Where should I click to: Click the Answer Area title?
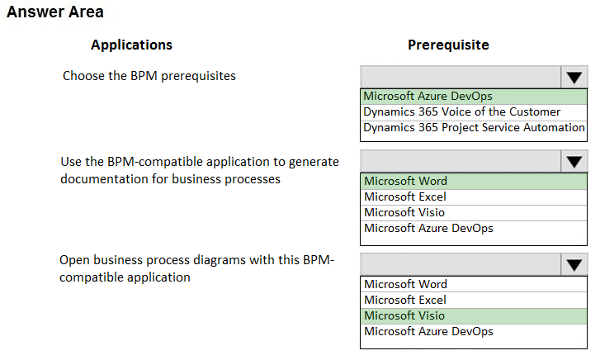point(55,12)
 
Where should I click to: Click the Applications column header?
point(131,45)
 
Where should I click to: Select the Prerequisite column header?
point(448,45)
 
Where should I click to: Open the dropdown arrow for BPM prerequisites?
point(574,78)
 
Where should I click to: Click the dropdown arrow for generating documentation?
point(574,162)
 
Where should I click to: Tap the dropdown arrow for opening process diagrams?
point(574,265)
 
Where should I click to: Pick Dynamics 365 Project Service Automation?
point(474,128)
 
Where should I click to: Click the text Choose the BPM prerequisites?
point(149,76)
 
